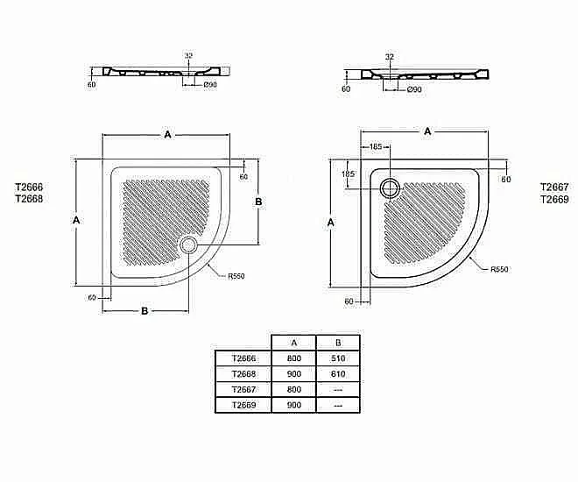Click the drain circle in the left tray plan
[x=189, y=245]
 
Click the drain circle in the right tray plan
[x=390, y=188]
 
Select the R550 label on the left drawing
[x=236, y=276]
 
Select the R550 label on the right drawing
[x=499, y=269]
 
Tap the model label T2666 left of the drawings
[x=29, y=187]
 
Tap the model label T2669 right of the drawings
[x=554, y=199]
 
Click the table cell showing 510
[x=338, y=358]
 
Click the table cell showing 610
[x=338, y=374]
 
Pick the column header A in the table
[x=293, y=343]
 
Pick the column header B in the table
[x=338, y=343]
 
